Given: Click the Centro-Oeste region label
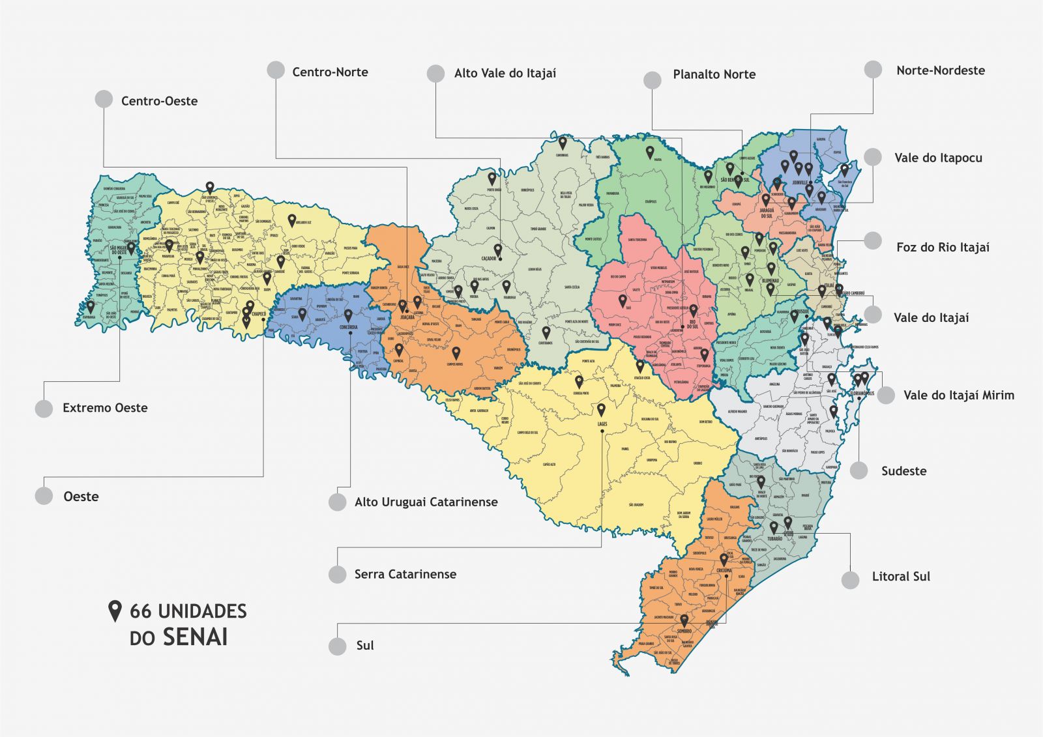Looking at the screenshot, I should pyautogui.click(x=159, y=101).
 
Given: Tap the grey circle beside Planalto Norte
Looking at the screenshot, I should pyautogui.click(x=652, y=80).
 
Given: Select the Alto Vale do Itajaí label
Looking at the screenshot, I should pyautogui.click(x=505, y=74).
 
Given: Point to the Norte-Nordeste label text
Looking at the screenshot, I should pyautogui.click(x=940, y=70).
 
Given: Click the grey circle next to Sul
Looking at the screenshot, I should pyautogui.click(x=337, y=646).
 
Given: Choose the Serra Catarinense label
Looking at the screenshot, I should pyautogui.click(x=405, y=574).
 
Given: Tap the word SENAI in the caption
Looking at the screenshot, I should pyautogui.click(x=195, y=637).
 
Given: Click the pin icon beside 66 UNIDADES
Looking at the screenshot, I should pyautogui.click(x=115, y=611).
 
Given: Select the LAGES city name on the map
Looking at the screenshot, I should pyautogui.click(x=602, y=424).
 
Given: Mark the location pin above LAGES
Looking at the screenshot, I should pyautogui.click(x=601, y=409).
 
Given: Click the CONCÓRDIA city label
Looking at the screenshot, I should pyautogui.click(x=349, y=328).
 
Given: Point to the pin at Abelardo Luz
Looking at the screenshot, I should pyautogui.click(x=292, y=220).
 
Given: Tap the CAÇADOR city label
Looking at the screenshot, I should pyautogui.click(x=489, y=259).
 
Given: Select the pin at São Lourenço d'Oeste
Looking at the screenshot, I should pyautogui.click(x=209, y=187).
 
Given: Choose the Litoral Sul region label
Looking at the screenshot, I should pyautogui.click(x=901, y=577).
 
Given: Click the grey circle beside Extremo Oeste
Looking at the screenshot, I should pyautogui.click(x=44, y=409).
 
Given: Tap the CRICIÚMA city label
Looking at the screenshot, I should pyautogui.click(x=724, y=570).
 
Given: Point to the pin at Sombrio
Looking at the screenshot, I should pyautogui.click(x=684, y=620).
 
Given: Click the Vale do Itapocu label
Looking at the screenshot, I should pyautogui.click(x=938, y=158).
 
